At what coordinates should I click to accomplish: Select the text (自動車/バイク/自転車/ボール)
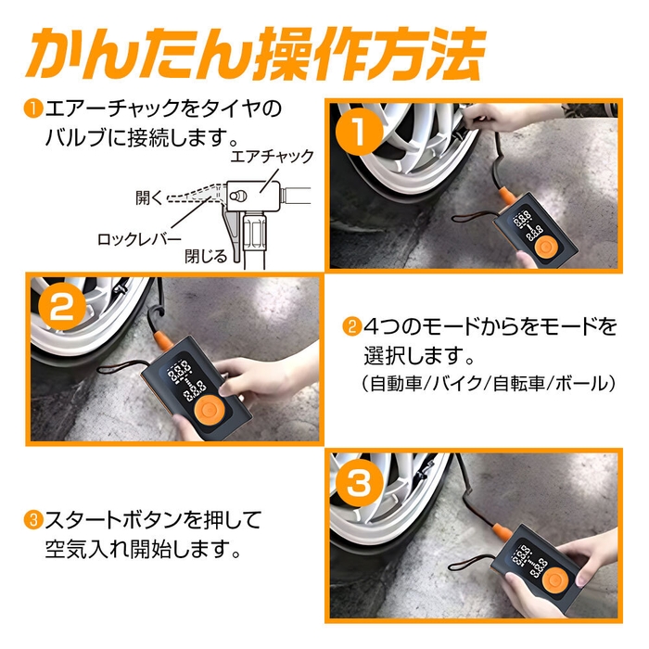488,383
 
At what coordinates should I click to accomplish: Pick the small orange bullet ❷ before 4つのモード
352,327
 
